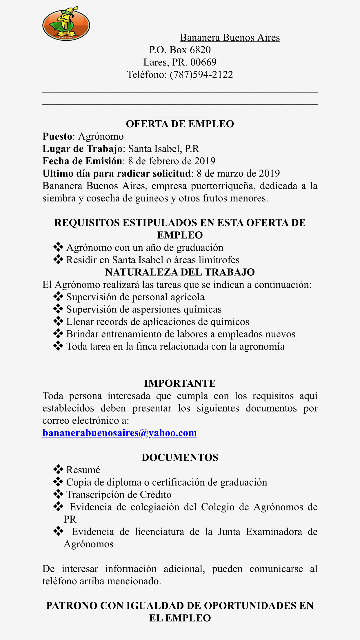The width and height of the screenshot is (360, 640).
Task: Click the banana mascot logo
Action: (x=66, y=24)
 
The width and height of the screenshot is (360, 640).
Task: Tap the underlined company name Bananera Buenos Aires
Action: (x=230, y=38)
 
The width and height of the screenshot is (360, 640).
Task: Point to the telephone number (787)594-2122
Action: (x=201, y=75)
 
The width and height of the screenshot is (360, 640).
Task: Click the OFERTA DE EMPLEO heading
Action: (x=180, y=124)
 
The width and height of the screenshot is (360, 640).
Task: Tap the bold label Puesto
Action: (x=57, y=137)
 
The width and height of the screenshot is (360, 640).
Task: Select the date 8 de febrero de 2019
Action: (x=172, y=161)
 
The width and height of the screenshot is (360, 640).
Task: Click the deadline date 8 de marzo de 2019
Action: (x=238, y=174)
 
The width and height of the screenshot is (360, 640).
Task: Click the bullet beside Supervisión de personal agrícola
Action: (x=58, y=297)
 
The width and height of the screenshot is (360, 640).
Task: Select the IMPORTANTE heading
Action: (x=180, y=383)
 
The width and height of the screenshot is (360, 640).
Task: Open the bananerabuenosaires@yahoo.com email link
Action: (x=119, y=433)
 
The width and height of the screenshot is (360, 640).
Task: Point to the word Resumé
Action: (x=83, y=470)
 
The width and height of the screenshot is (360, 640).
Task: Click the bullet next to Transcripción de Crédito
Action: (x=58, y=494)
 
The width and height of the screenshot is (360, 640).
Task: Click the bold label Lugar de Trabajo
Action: (x=82, y=149)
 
